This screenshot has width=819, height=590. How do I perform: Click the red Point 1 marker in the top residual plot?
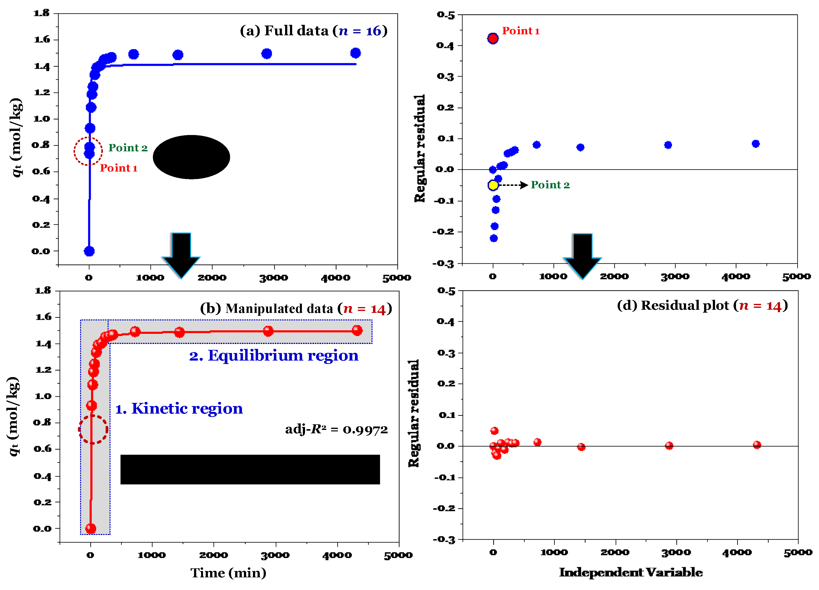493,38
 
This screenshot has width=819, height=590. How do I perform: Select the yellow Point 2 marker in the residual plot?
493,185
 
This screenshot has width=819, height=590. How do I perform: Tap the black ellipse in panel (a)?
191,157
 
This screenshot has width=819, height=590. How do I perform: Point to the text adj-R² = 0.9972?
336,429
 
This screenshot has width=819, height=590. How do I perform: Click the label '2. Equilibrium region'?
274,356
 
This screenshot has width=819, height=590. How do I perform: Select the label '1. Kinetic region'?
179,408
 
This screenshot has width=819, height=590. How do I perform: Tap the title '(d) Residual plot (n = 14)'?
702,306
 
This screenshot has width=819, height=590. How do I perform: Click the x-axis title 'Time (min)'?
228,573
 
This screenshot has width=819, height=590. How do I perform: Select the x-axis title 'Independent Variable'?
631,572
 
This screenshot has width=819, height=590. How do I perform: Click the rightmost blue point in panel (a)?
355,53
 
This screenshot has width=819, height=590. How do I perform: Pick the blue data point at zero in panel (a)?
89,251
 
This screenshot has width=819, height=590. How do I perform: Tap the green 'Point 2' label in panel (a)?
128,148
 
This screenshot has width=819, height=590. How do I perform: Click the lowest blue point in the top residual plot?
494,238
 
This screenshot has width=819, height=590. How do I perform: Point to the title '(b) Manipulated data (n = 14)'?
296,309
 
